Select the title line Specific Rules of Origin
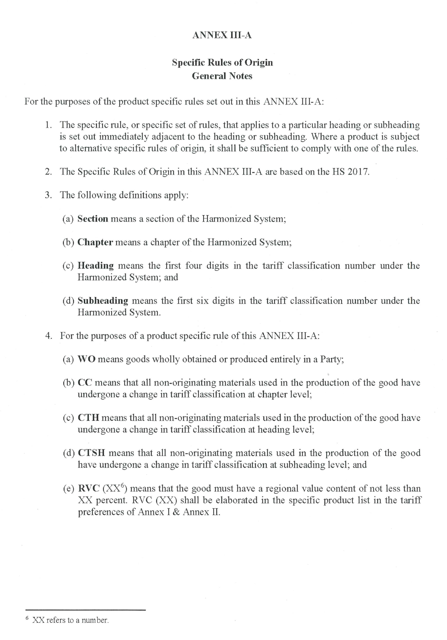tap(222, 62)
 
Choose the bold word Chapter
tap(95, 242)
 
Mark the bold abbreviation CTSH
tap(91, 453)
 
